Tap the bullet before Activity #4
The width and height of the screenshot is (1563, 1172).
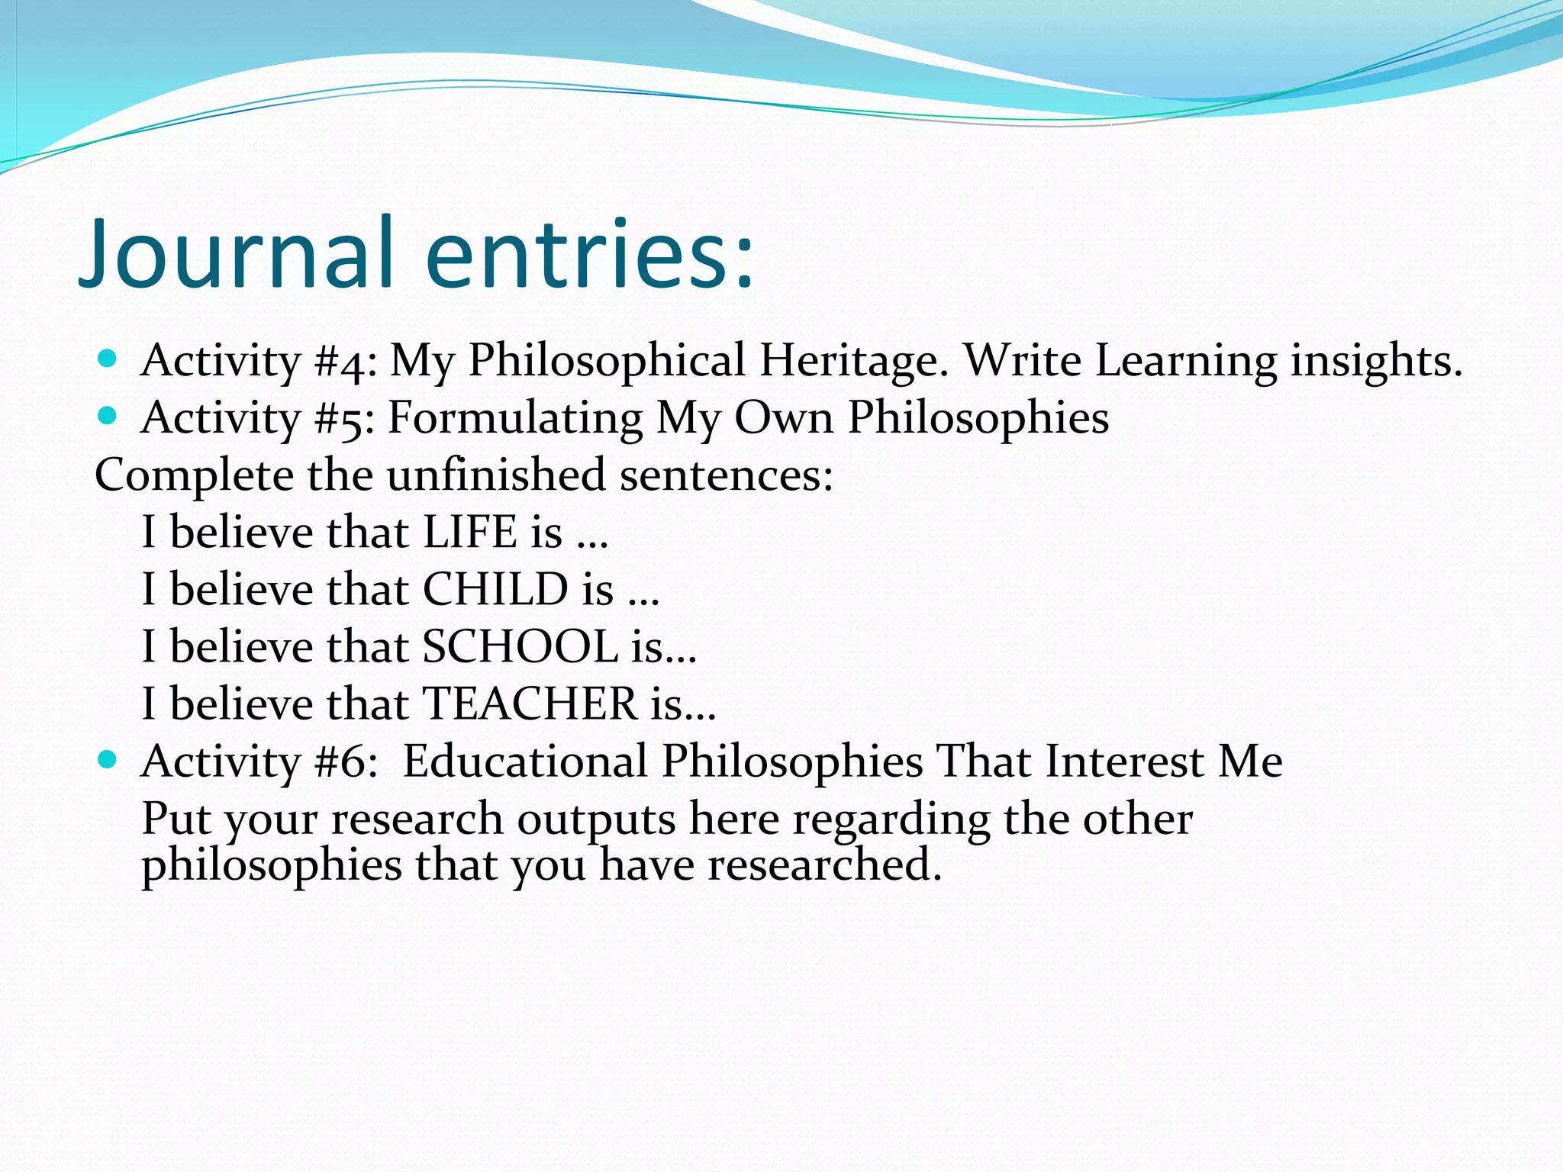[x=108, y=358]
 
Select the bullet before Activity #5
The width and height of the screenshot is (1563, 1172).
[x=108, y=416]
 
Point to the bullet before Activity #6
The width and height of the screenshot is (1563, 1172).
[x=108, y=759]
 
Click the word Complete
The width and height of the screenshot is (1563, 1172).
[x=194, y=476]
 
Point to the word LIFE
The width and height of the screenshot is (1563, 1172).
[x=470, y=532]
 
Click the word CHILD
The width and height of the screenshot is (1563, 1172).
[x=495, y=589]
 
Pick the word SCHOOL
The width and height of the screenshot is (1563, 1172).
[x=520, y=646]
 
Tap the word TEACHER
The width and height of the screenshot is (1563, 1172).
[x=530, y=704]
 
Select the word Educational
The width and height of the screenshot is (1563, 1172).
[x=525, y=761]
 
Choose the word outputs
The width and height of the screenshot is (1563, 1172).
[x=597, y=819]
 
